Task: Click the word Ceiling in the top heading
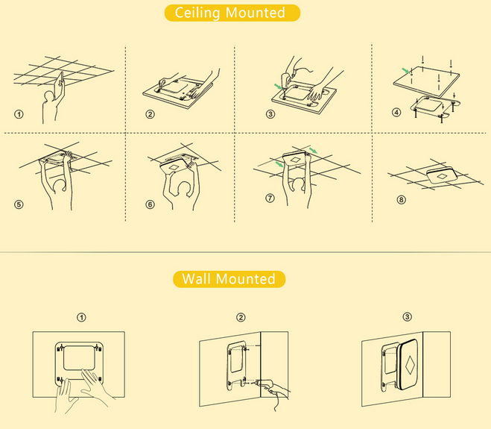(x=197, y=13)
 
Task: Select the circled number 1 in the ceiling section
(x=19, y=114)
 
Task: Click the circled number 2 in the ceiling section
(x=150, y=114)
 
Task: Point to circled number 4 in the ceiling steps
(x=396, y=112)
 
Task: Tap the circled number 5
(x=19, y=204)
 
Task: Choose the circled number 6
(x=150, y=204)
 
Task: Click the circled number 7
(x=270, y=198)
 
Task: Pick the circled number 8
(x=401, y=200)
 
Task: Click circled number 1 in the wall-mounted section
(x=81, y=317)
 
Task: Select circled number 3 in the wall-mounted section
(x=407, y=317)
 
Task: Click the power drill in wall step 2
(x=265, y=383)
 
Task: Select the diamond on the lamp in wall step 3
(x=410, y=365)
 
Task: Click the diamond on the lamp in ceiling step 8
(x=442, y=177)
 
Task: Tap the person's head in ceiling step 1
(x=49, y=96)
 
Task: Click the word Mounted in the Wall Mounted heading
(x=246, y=279)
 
